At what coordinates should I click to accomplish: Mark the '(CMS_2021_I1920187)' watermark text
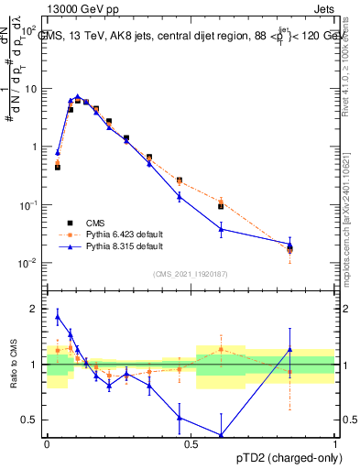[191, 272]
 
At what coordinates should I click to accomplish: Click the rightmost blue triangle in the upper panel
[289, 244]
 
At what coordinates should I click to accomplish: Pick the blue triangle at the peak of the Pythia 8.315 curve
[78, 96]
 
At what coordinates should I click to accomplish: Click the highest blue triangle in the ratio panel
[58, 316]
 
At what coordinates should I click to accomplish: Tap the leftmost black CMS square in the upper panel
[58, 168]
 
